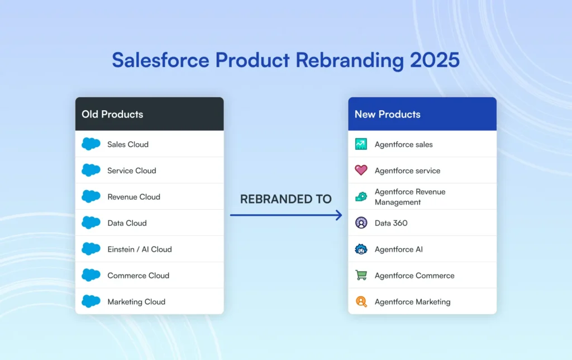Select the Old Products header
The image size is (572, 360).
coord(112,114)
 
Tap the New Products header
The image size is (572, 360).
coord(387,114)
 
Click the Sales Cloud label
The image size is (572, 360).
coord(128,144)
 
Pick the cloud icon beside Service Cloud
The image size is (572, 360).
coord(90,170)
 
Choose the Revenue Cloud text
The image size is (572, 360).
coord(134,197)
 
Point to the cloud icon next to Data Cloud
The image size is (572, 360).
coord(90,223)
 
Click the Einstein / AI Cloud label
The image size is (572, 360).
coord(140,249)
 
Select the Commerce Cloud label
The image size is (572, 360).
coord(138,276)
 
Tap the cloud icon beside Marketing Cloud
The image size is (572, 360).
coord(90,302)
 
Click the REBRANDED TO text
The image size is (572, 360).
coord(286,199)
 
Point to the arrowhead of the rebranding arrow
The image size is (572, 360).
coord(339,215)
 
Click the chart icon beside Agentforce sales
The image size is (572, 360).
coord(361,144)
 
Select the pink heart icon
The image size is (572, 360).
coord(361,170)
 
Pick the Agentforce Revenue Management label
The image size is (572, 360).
coord(410,197)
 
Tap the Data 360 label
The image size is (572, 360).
coord(391,223)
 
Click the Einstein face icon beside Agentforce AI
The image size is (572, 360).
coord(361,249)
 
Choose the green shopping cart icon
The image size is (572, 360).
coord(361,276)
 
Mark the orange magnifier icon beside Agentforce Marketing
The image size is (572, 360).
coord(361,302)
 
